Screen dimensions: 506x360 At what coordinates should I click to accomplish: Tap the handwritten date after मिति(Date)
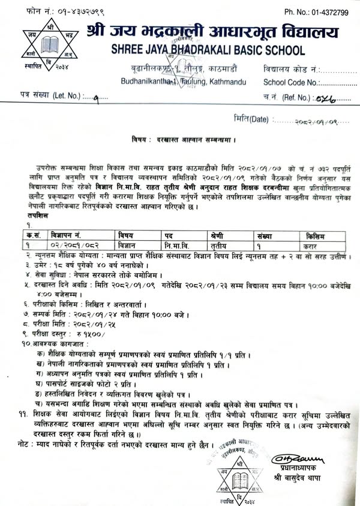(x=314, y=120)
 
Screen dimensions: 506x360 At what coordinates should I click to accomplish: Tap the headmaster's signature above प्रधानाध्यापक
(x=293, y=459)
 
